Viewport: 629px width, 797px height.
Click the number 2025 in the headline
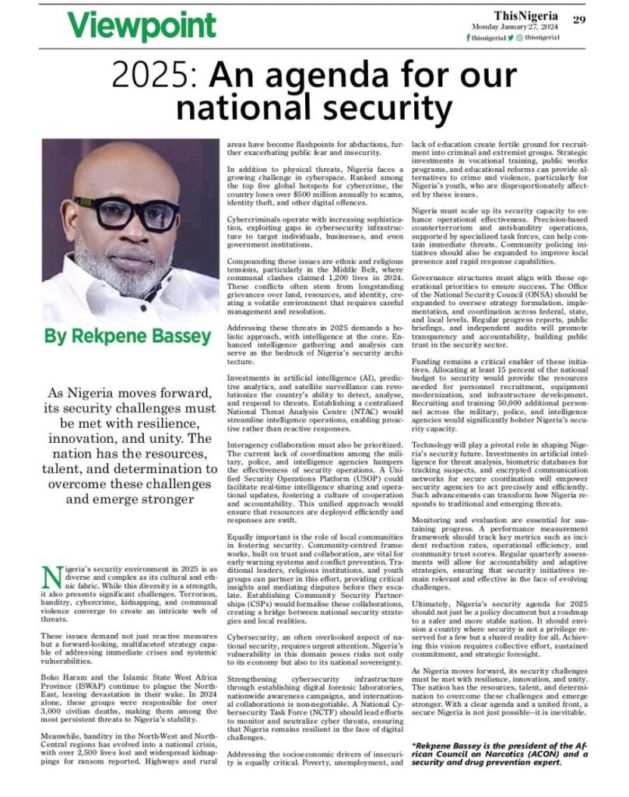click(149, 75)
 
